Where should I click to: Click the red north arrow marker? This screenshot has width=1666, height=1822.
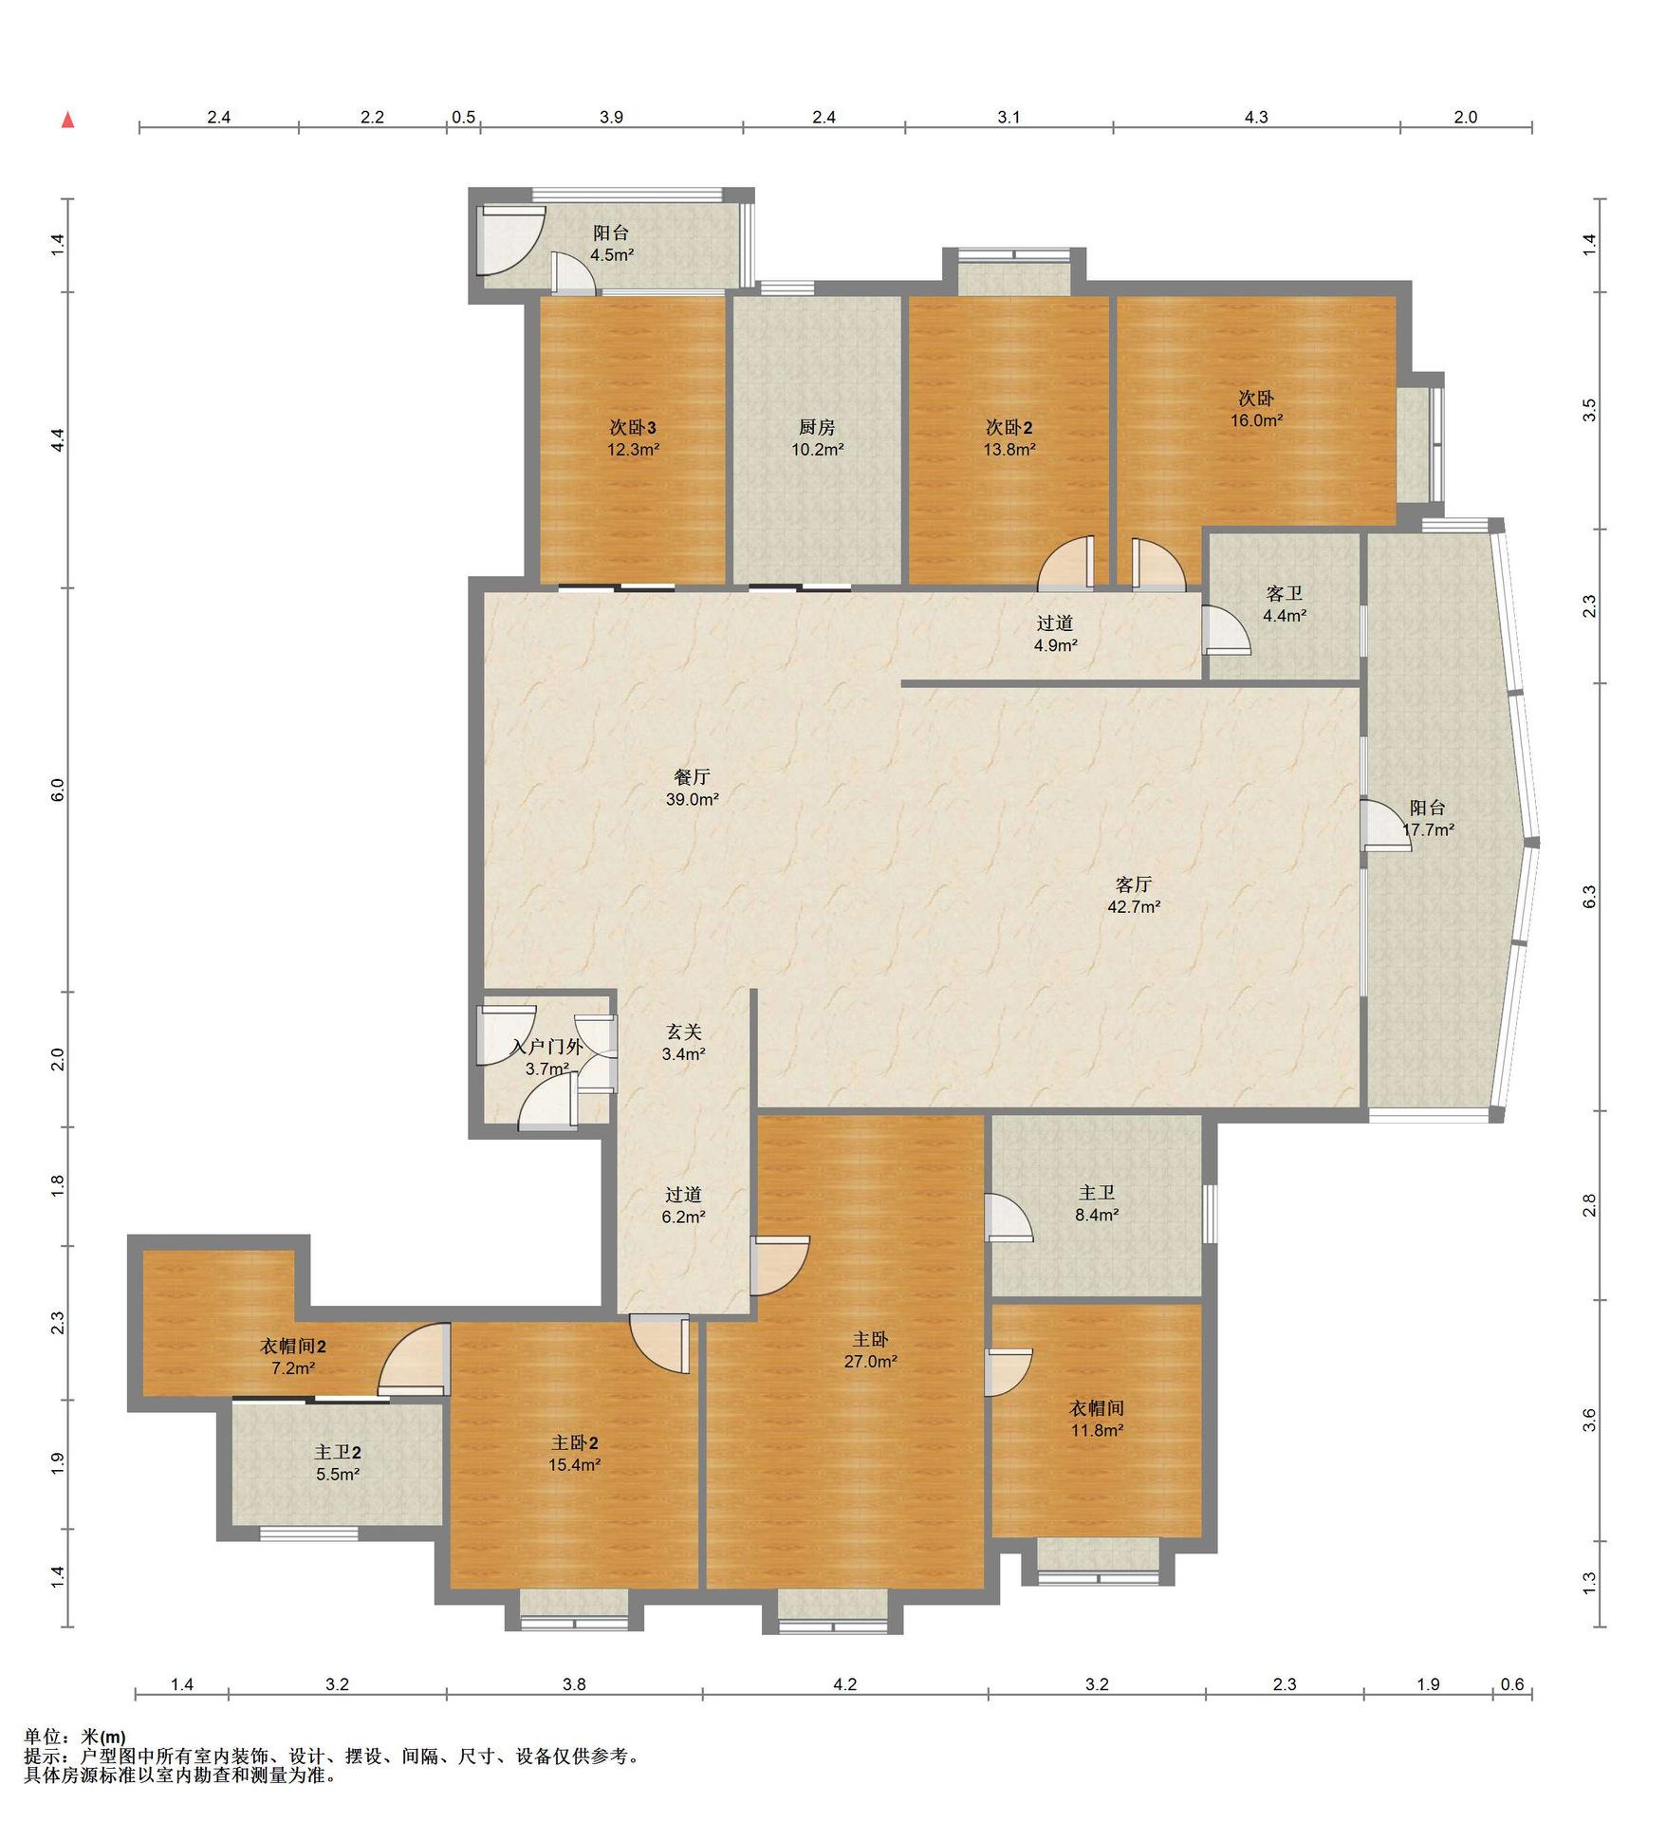pyautogui.click(x=67, y=120)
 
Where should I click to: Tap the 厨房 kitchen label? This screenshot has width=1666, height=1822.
pyautogui.click(x=817, y=428)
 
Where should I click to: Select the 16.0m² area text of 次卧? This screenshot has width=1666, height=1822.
pyautogui.click(x=1257, y=420)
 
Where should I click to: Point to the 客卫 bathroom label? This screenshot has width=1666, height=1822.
pyautogui.click(x=1285, y=594)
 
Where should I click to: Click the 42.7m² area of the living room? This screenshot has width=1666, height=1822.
pyautogui.click(x=1134, y=906)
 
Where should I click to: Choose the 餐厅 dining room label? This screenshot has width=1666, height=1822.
pyautogui.click(x=692, y=777)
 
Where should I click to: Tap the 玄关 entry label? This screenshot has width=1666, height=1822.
pyautogui.click(x=683, y=1032)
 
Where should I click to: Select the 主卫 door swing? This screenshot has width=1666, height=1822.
pyautogui.click(x=1009, y=1217)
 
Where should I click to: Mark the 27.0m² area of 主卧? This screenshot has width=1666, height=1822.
pyautogui.click(x=871, y=1362)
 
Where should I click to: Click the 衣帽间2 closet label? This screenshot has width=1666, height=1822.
pyautogui.click(x=294, y=1347)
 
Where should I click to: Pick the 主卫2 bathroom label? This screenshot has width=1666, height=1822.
pyautogui.click(x=338, y=1453)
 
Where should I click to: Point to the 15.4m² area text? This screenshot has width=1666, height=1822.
pyautogui.click(x=575, y=1464)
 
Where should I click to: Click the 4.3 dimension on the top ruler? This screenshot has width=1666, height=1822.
pyautogui.click(x=1256, y=117)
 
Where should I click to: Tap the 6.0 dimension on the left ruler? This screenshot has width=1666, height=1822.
pyautogui.click(x=58, y=790)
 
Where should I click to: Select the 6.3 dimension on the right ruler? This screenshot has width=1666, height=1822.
pyautogui.click(x=1590, y=896)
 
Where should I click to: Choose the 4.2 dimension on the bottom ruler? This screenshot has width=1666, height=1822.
pyautogui.click(x=845, y=1684)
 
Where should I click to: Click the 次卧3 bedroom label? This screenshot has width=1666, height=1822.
pyautogui.click(x=633, y=428)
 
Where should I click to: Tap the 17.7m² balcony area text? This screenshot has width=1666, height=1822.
pyautogui.click(x=1429, y=829)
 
